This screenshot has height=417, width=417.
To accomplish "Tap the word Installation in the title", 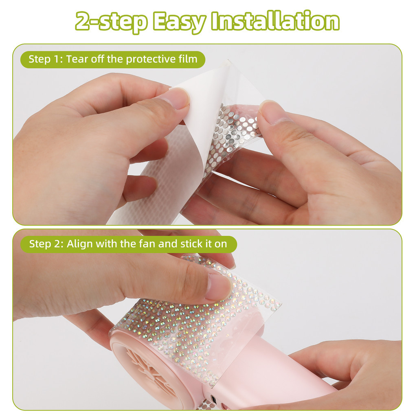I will tap(275, 22).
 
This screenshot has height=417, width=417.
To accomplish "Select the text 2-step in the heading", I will tap(111, 22).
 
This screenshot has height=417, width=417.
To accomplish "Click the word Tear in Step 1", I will tap(77, 59).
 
